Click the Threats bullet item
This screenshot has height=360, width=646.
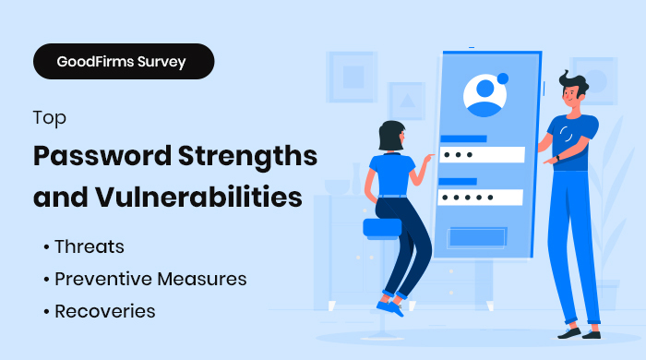click(89, 247)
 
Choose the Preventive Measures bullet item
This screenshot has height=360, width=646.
click(150, 279)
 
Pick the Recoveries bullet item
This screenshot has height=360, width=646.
click(104, 310)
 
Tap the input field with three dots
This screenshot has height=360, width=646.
click(483, 154)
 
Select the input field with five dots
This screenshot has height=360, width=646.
click(482, 198)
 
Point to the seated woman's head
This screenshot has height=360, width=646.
click(390, 135)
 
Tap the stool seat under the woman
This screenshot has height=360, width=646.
click(383, 226)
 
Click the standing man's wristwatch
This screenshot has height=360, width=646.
click(556, 158)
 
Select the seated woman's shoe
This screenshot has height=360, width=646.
click(390, 306)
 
